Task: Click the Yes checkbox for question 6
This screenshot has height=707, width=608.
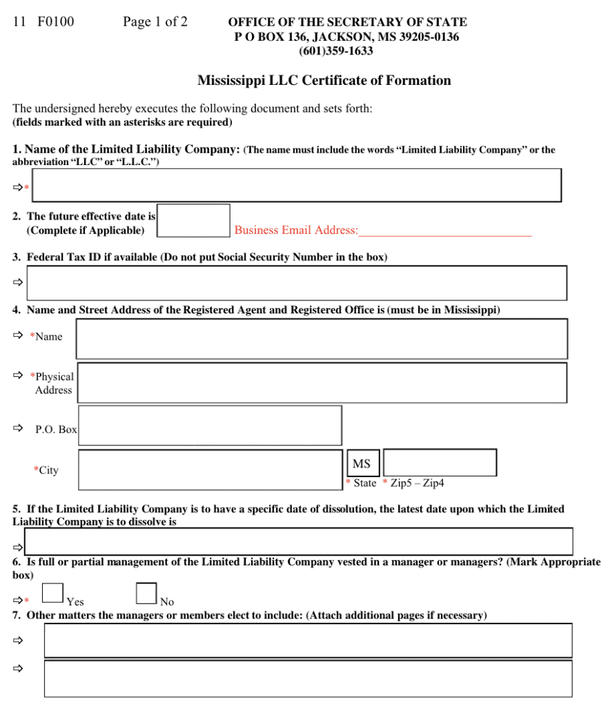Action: click(53, 593)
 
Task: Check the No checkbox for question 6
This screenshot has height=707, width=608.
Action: click(146, 593)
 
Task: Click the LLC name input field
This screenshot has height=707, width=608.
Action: click(297, 185)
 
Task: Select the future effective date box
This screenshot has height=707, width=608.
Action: click(195, 220)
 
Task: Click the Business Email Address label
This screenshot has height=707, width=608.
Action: click(296, 231)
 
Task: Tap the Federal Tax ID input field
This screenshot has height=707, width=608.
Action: click(297, 283)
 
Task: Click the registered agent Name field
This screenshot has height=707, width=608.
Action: click(322, 339)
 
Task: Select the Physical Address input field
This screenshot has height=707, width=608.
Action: click(322, 382)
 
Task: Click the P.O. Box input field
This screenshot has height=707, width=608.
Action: click(210, 425)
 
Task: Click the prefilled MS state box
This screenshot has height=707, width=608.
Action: click(362, 464)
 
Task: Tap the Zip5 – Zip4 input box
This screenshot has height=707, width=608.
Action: click(440, 463)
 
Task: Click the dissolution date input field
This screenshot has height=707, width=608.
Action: click(298, 541)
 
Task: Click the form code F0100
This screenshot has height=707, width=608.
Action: click(56, 22)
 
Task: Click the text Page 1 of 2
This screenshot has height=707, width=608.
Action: click(155, 22)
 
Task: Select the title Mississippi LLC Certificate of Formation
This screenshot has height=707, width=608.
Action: click(324, 81)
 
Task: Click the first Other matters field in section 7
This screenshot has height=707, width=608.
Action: click(308, 640)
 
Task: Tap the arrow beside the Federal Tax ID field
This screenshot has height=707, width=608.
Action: click(17, 282)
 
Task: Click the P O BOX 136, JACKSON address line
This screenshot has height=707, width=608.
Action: click(346, 37)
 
